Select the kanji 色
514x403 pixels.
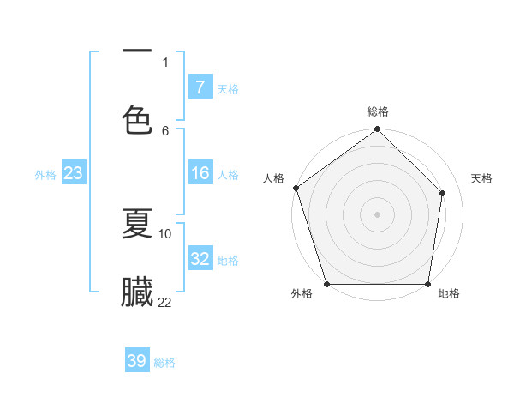click(x=137, y=118)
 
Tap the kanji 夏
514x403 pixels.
click(x=137, y=224)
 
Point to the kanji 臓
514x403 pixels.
click(x=137, y=292)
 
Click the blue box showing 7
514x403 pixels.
click(x=200, y=87)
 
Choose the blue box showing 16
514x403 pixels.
click(x=200, y=174)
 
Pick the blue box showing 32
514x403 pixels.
click(x=200, y=259)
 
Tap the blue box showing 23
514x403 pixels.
click(x=74, y=174)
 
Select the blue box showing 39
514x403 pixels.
click(x=137, y=361)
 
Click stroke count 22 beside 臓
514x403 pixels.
click(x=164, y=302)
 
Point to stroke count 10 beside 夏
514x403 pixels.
click(x=165, y=233)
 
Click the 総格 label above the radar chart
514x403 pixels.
click(x=378, y=111)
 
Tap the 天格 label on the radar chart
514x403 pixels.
click(x=482, y=178)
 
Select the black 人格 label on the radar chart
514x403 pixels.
click(x=273, y=178)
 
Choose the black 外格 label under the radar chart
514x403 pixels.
click(x=302, y=294)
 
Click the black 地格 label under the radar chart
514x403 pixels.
click(x=449, y=294)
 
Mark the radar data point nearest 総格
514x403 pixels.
click(x=378, y=130)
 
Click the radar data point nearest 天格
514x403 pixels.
click(x=443, y=193)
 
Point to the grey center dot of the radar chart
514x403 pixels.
click(x=378, y=214)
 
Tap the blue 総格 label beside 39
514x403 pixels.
click(x=164, y=363)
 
